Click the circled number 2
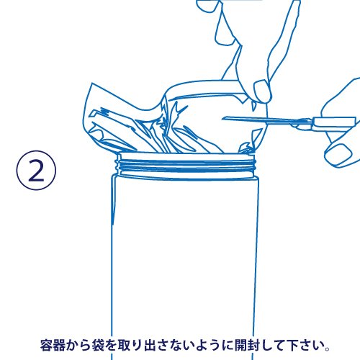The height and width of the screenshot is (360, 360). click(x=36, y=171)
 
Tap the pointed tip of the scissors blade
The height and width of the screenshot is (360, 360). click(x=222, y=118)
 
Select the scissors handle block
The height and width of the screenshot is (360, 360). click(x=334, y=122)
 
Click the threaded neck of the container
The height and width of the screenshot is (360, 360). click(x=185, y=165)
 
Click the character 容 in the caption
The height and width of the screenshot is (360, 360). click(x=46, y=346)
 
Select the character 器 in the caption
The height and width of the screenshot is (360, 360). click(x=59, y=346)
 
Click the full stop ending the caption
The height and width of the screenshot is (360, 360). click(x=327, y=348)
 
